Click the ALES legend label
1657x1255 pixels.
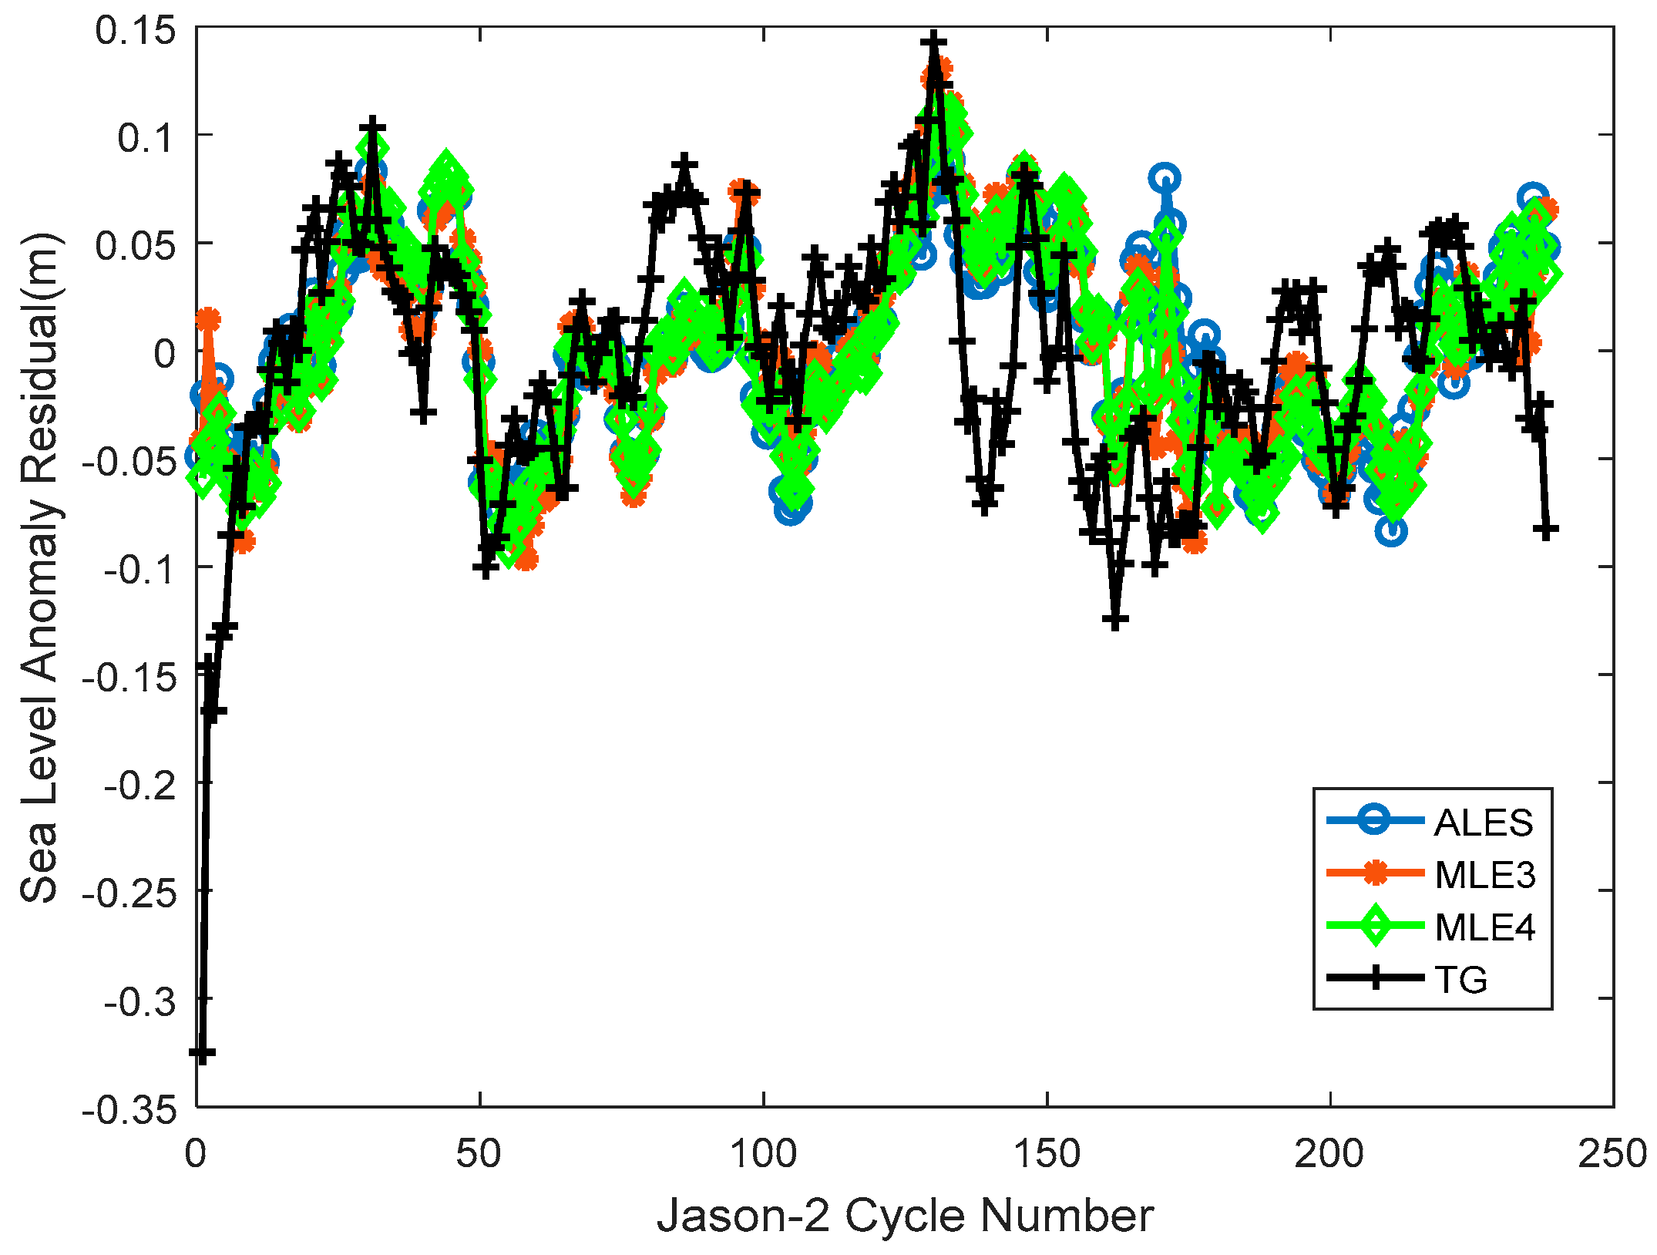[x=1483, y=823]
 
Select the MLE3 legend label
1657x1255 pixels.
[x=1484, y=875]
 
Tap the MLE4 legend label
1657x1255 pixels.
[x=1484, y=927]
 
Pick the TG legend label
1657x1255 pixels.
[x=1460, y=980]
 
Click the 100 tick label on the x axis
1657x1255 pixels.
[x=763, y=1154]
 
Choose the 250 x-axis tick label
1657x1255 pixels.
[x=1612, y=1154]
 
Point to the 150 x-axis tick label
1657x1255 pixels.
[x=1047, y=1154]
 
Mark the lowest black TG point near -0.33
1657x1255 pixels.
[x=202, y=1052]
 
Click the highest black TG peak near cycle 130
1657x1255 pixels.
[x=933, y=40]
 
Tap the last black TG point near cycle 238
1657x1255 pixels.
[x=1545, y=530]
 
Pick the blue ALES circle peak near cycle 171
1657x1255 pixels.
[x=1165, y=178]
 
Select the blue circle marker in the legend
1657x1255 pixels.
[x=1375, y=820]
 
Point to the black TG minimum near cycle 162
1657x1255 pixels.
[x=1115, y=619]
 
